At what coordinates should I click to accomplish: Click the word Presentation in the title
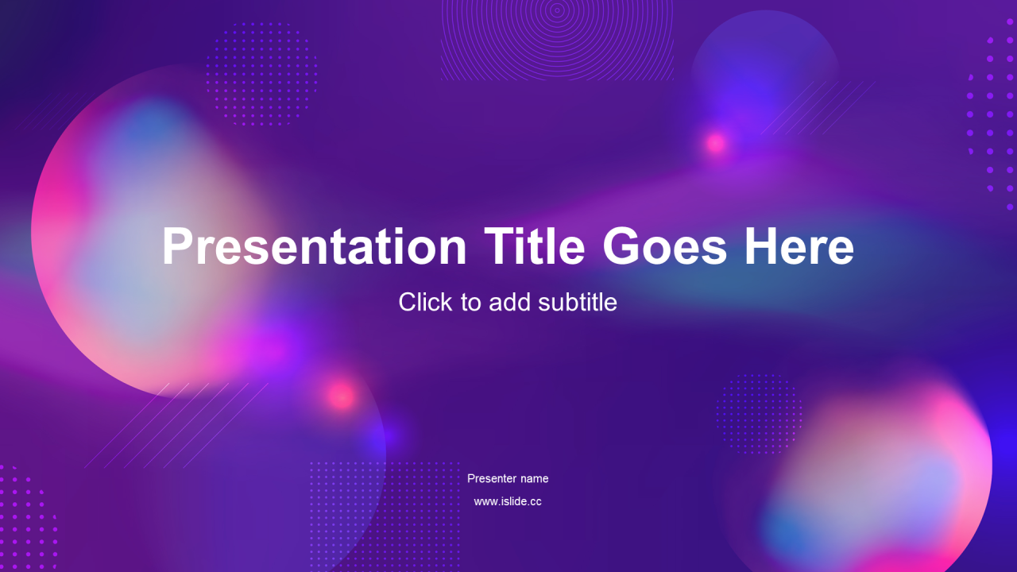click(314, 245)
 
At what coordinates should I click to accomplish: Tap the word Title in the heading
click(535, 245)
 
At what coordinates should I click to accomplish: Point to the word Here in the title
click(799, 245)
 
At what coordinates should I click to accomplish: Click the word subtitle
click(578, 302)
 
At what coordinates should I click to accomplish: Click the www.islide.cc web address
click(508, 501)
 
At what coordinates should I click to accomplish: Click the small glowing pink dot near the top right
click(716, 144)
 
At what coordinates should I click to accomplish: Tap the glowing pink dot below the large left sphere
click(342, 396)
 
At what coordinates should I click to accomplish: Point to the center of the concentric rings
click(557, 9)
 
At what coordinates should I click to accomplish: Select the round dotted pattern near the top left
click(262, 74)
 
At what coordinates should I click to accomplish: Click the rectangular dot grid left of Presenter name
click(385, 516)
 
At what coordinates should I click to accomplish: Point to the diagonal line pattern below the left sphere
click(177, 425)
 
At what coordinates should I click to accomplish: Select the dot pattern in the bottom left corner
click(27, 517)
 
